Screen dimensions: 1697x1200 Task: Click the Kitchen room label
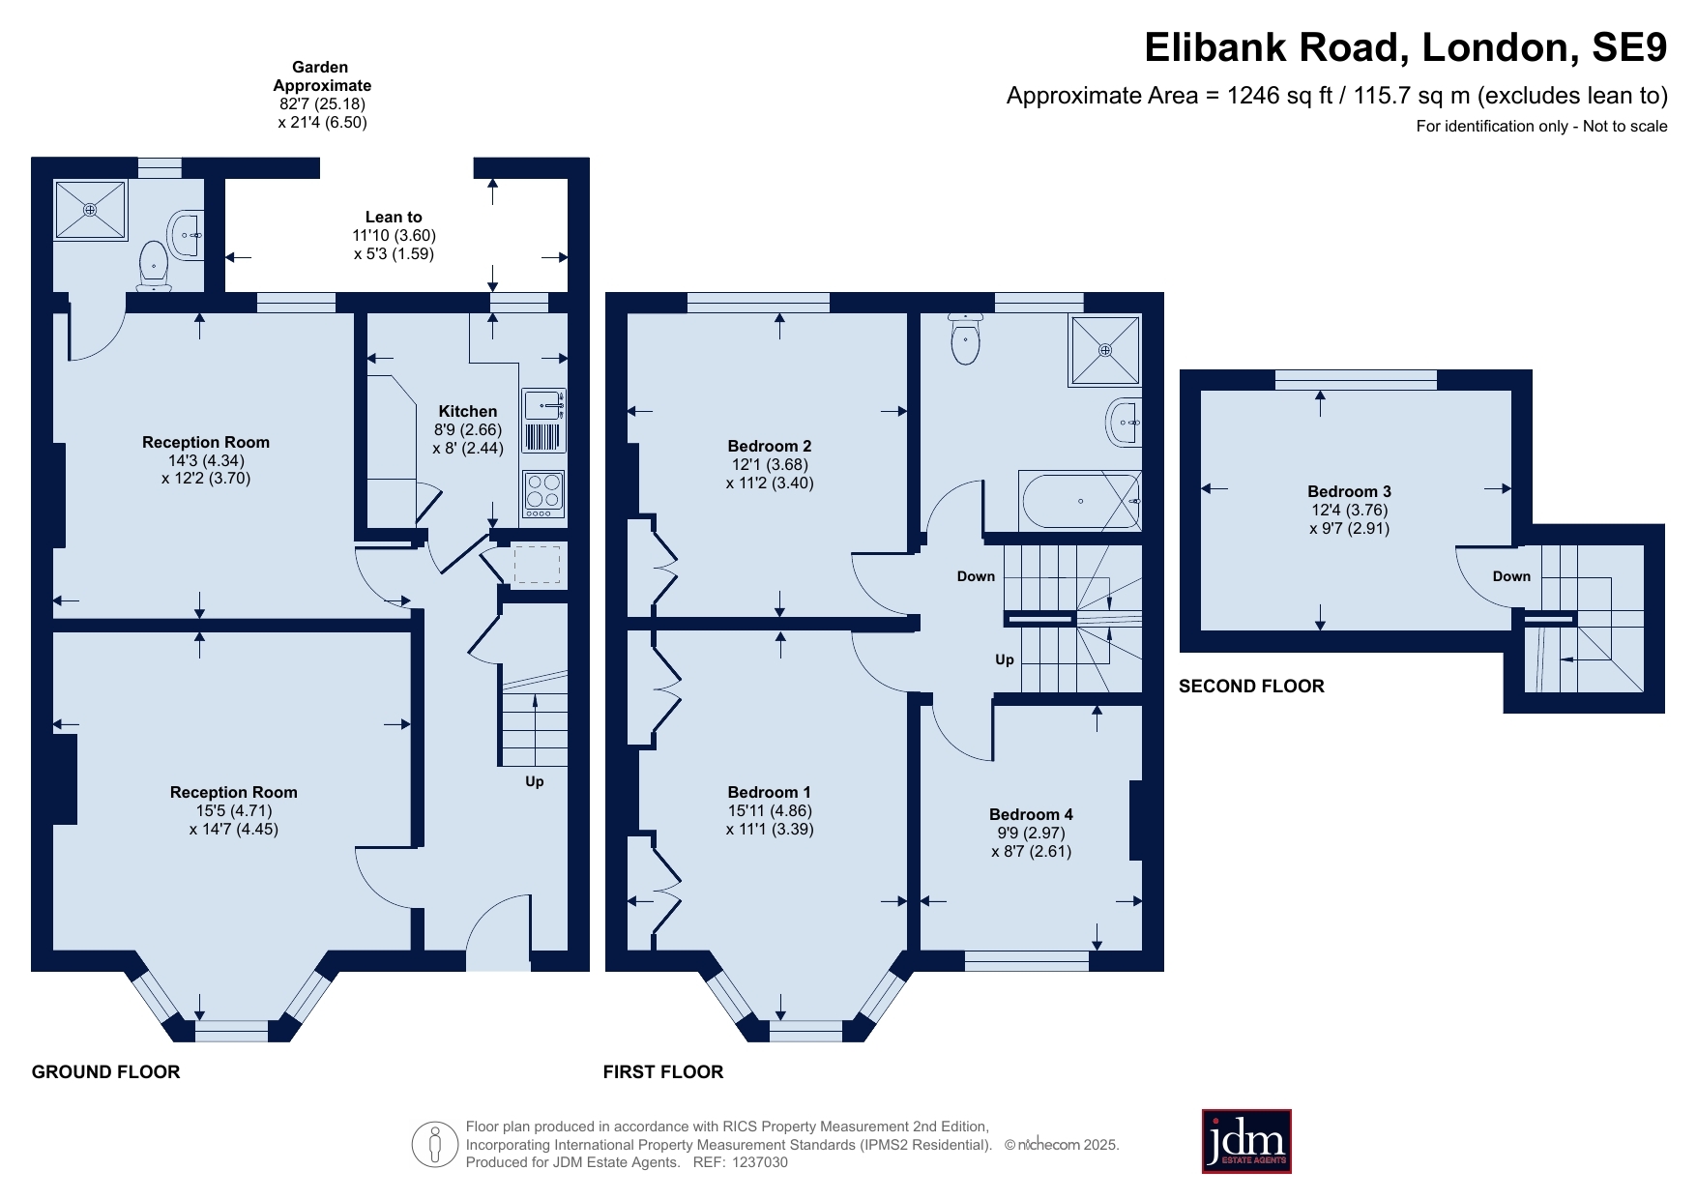click(x=468, y=411)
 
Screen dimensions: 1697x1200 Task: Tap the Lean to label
click(x=394, y=217)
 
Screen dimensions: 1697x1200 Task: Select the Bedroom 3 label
click(x=1349, y=491)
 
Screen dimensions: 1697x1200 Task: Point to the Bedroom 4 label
click(x=1031, y=814)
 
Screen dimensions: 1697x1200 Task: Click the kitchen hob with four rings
click(x=543, y=493)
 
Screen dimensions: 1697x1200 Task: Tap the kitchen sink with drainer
click(x=543, y=421)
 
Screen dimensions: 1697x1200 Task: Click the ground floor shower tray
click(x=91, y=210)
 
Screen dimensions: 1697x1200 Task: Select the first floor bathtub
click(x=1080, y=500)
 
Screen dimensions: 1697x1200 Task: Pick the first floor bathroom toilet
click(x=966, y=338)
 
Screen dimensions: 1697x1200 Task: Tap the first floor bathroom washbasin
click(x=1124, y=422)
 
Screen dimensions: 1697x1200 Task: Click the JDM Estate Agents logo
click(x=1246, y=1141)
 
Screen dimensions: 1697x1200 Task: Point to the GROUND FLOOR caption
click(x=105, y=1071)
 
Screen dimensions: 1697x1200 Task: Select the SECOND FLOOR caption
click(x=1251, y=686)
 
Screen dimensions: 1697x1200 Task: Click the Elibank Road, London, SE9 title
click(x=1406, y=47)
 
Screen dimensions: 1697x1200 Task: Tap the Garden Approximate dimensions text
click(x=322, y=95)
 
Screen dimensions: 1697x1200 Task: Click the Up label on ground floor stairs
click(x=535, y=781)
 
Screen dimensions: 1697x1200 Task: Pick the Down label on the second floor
click(x=1511, y=576)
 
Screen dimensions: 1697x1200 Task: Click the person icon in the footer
click(x=434, y=1145)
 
